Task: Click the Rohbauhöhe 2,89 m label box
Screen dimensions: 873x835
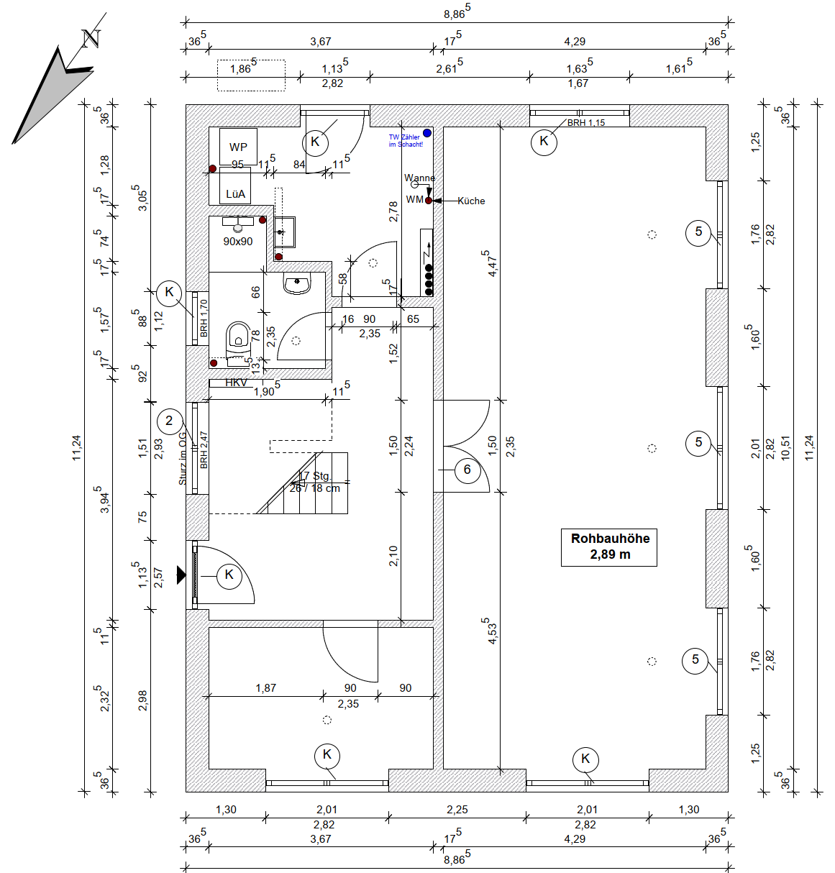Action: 608,547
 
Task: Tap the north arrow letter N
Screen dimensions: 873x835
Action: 91,38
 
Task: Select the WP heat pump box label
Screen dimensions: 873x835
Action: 238,147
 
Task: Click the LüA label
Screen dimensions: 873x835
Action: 235,194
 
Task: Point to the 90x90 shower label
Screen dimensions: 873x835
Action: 237,242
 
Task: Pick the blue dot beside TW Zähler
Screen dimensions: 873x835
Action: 427,133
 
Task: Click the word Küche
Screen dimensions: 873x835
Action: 471,201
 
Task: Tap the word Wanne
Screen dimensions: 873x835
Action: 419,178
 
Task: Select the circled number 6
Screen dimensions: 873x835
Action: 467,470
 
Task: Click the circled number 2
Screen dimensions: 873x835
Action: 169,421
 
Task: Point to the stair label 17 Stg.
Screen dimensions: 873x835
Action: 314,476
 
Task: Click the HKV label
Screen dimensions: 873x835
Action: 236,383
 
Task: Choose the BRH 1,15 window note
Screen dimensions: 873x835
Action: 586,123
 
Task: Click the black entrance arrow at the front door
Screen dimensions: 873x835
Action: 181,575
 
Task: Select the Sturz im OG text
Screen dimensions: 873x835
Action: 183,458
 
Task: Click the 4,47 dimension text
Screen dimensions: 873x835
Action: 492,264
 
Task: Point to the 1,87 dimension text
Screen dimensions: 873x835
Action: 265,688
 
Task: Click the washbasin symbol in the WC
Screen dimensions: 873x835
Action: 297,284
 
